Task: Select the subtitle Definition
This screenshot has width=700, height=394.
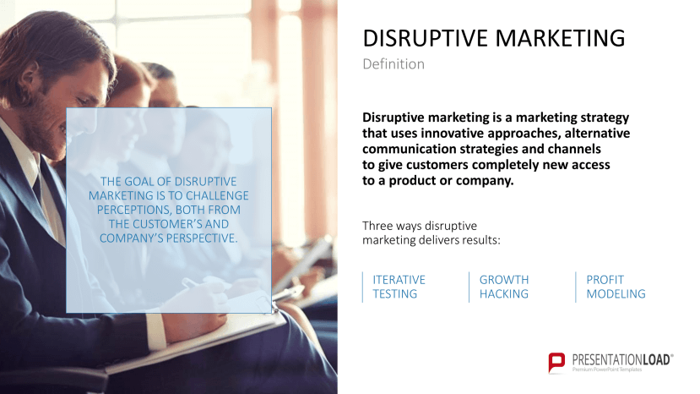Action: click(x=393, y=64)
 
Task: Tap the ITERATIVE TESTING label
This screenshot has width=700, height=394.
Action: click(x=399, y=287)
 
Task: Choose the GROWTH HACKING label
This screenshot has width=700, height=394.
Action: click(x=504, y=287)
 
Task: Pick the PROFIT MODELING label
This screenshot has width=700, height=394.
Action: click(x=616, y=287)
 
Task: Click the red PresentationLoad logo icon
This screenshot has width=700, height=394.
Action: click(x=557, y=363)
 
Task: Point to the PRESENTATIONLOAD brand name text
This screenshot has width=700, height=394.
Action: click(x=622, y=359)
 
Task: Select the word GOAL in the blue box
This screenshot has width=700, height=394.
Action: click(x=142, y=182)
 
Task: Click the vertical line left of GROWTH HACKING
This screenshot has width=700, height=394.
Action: click(x=469, y=287)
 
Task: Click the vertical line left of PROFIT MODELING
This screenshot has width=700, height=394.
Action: click(x=576, y=287)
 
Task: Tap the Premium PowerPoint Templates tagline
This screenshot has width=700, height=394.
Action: click(x=609, y=370)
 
